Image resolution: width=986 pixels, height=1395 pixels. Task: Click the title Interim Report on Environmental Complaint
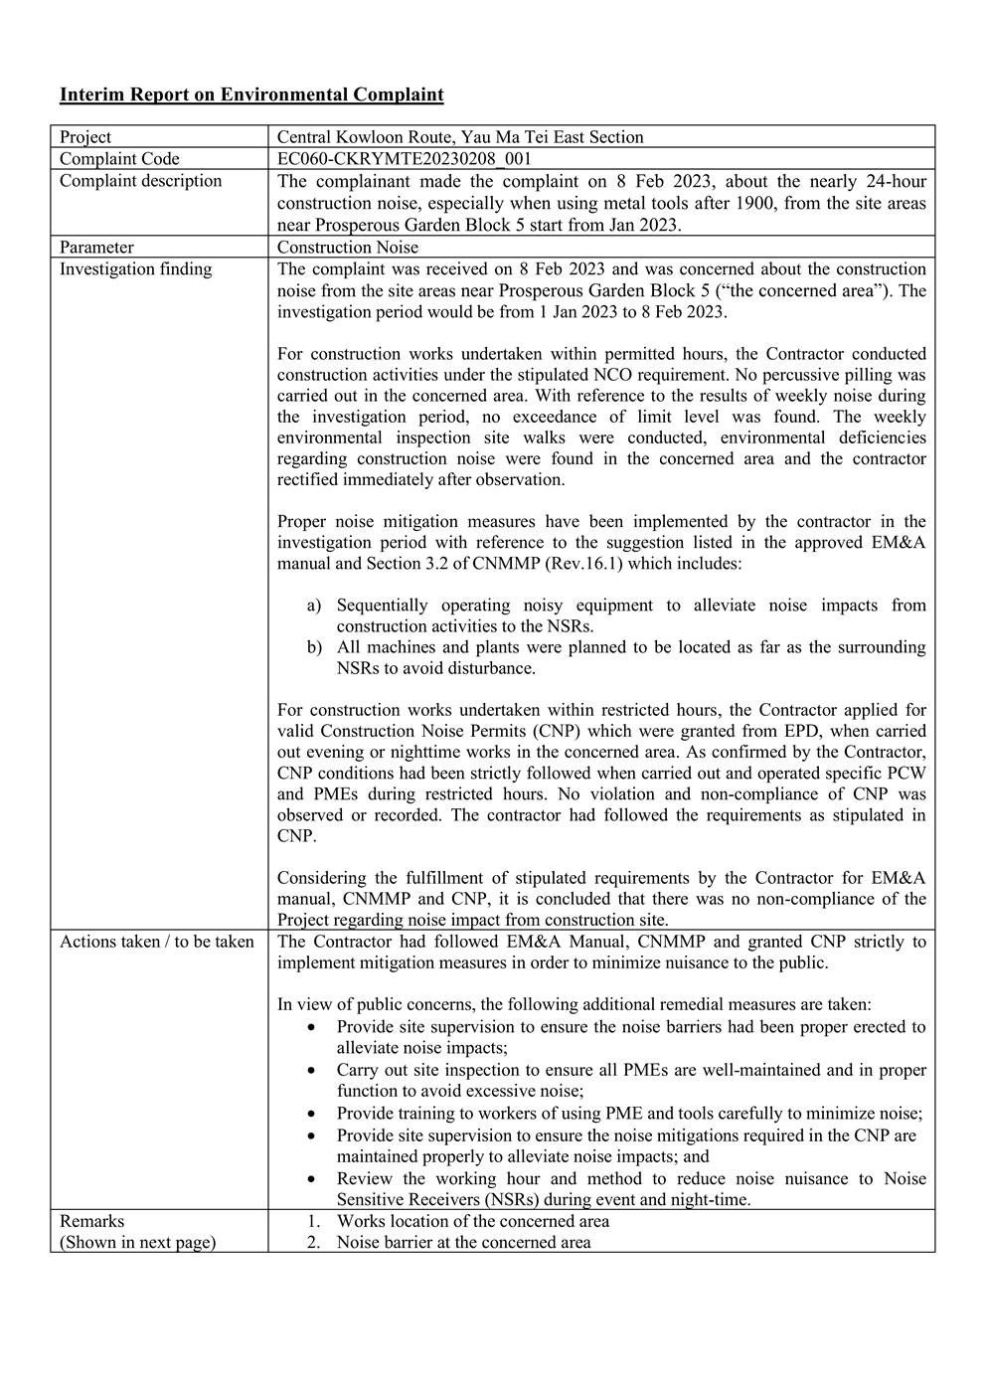[x=251, y=95]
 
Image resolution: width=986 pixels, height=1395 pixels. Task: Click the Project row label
[x=85, y=137]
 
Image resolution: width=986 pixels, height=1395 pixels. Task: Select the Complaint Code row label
[x=119, y=159]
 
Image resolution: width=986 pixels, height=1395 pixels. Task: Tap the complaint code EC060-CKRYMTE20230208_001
[x=405, y=159]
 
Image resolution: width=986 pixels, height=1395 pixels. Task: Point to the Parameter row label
[x=96, y=248]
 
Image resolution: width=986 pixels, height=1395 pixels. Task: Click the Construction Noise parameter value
[x=348, y=248]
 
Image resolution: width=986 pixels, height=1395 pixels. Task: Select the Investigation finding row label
[x=135, y=269]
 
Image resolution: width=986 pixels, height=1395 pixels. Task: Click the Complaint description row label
[x=140, y=181]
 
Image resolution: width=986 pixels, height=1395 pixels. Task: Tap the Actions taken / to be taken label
[x=156, y=942]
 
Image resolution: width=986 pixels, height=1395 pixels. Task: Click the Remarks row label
[x=92, y=1221]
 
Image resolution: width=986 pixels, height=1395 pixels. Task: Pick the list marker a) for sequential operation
[x=314, y=606]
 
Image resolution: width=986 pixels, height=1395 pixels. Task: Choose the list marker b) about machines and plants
[x=314, y=647]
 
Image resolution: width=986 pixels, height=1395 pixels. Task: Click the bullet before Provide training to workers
[x=314, y=1114]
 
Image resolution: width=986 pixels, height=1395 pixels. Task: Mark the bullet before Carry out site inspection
[x=314, y=1071]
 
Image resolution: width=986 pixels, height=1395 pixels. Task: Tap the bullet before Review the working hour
[x=314, y=1179]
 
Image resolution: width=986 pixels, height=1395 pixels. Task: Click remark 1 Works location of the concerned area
[x=472, y=1221]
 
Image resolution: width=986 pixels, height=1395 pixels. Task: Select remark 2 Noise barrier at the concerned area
[x=462, y=1243]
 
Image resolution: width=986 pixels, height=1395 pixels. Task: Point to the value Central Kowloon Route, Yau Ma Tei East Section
[x=459, y=137]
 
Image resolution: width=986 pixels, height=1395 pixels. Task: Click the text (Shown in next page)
[x=137, y=1243]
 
